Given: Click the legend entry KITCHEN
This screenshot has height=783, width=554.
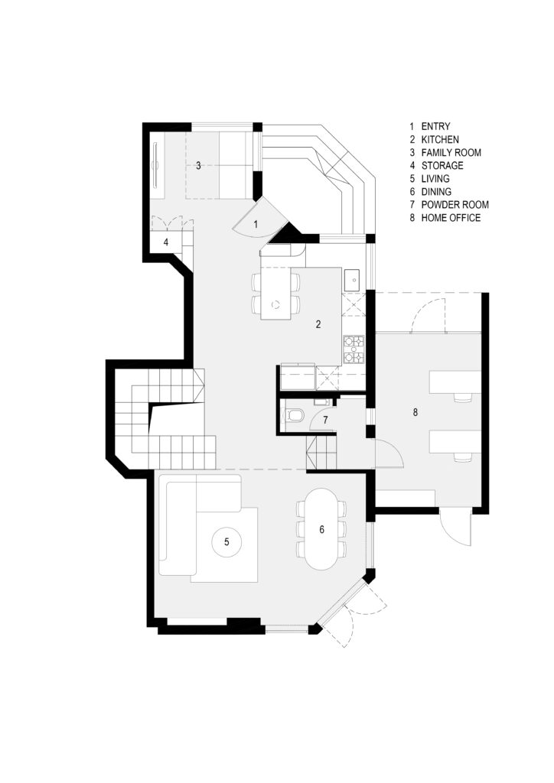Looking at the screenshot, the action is point(439,139).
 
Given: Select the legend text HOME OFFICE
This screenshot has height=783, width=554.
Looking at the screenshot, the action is point(451,218).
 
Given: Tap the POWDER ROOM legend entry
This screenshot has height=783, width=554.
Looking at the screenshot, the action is point(455,205).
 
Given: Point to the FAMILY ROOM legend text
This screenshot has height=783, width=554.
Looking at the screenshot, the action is point(451,152).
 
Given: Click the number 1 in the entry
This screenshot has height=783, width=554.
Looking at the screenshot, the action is point(256,225).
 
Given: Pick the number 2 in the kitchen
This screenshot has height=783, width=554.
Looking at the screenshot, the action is point(318,324).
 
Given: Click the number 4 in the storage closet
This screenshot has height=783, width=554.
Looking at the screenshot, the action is point(166,243).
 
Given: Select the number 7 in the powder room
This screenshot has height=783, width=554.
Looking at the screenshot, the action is point(325,421).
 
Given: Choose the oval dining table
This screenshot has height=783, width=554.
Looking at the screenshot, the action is point(321,529).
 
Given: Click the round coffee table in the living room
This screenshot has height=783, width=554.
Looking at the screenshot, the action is point(226,542).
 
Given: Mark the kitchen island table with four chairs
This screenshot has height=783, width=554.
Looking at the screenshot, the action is point(275,294).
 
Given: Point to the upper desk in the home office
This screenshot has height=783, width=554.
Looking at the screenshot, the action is point(455,382).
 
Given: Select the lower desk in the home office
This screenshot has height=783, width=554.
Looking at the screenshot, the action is point(455,443).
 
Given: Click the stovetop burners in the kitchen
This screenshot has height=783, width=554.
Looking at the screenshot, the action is point(354,349).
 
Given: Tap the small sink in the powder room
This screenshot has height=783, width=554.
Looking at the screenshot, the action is point(320,401).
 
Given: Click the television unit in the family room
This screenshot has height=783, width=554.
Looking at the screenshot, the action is point(155,165).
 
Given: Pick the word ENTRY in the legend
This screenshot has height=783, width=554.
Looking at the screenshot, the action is point(435,126).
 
